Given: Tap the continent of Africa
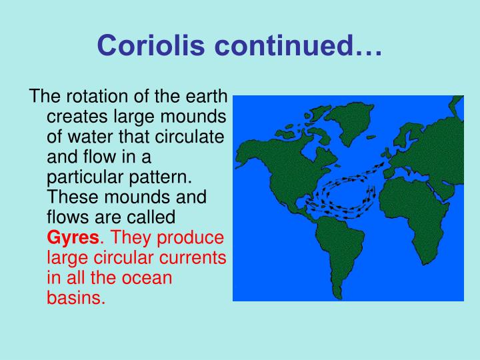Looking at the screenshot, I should click(x=417, y=213).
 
